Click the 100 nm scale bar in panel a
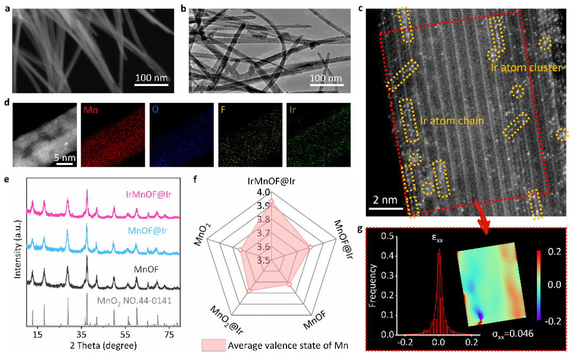151,83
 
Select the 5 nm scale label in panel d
65,158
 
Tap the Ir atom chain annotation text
452,121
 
